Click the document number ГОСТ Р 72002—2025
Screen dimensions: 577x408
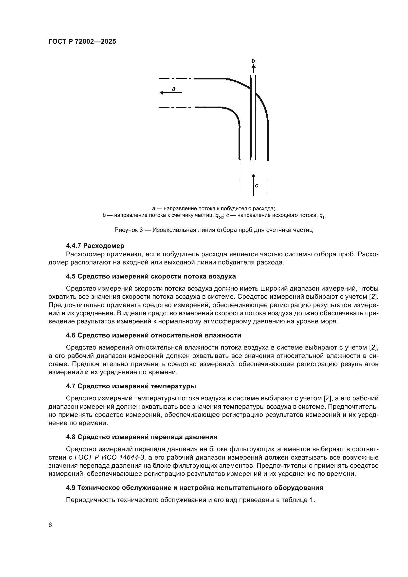82,42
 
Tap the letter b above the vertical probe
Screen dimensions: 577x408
253,61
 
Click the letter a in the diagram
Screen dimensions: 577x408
173,89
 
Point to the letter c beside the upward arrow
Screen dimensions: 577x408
257,186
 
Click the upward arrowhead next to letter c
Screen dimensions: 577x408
253,176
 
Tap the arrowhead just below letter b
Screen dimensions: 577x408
253,66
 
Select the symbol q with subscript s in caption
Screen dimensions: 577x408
322,216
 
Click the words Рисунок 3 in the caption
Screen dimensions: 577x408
129,230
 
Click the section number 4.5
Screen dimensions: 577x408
71,277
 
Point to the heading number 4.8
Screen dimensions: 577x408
71,437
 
